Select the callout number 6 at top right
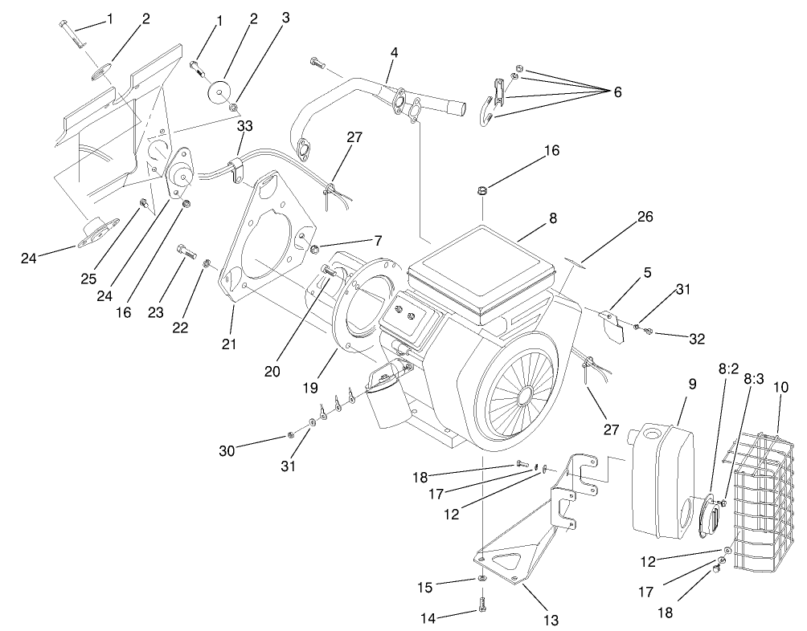pyautogui.click(x=617, y=92)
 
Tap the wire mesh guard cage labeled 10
pyautogui.click(x=760, y=498)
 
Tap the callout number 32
pyautogui.click(x=696, y=339)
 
